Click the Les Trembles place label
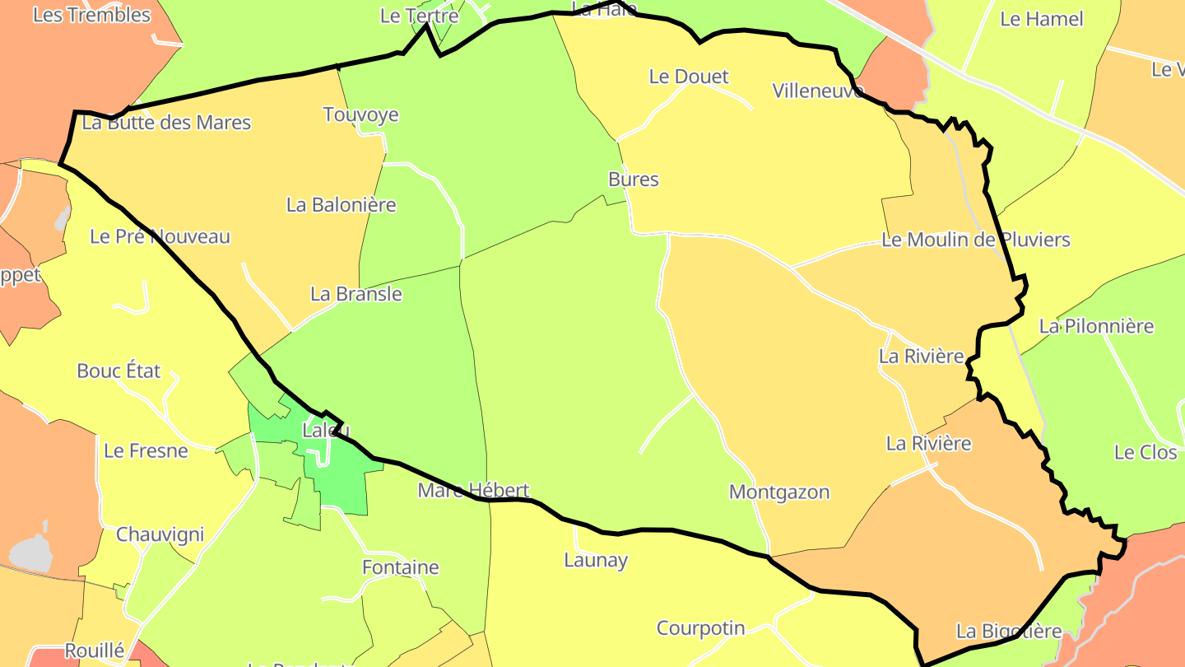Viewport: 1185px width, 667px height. pos(91,15)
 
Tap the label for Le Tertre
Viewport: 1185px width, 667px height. pos(419,16)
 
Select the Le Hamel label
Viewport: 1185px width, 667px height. pos(1041,19)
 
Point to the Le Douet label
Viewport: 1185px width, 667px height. pos(689,77)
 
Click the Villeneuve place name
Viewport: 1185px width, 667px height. pos(818,91)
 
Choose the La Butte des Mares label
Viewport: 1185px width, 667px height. pos(166,123)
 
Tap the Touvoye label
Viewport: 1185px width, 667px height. pos(360,114)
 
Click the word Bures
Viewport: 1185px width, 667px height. pos(633,180)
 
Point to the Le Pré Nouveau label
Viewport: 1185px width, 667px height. pos(160,237)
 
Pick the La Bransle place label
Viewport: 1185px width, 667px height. pos(355,294)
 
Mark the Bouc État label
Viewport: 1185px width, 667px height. pos(118,371)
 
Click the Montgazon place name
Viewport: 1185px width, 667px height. pos(778,492)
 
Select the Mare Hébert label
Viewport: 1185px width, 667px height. pos(473,491)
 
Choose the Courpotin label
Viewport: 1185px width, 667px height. pos(700,628)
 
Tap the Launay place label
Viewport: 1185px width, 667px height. pos(595,561)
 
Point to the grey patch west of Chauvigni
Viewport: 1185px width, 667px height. pos(32,553)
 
